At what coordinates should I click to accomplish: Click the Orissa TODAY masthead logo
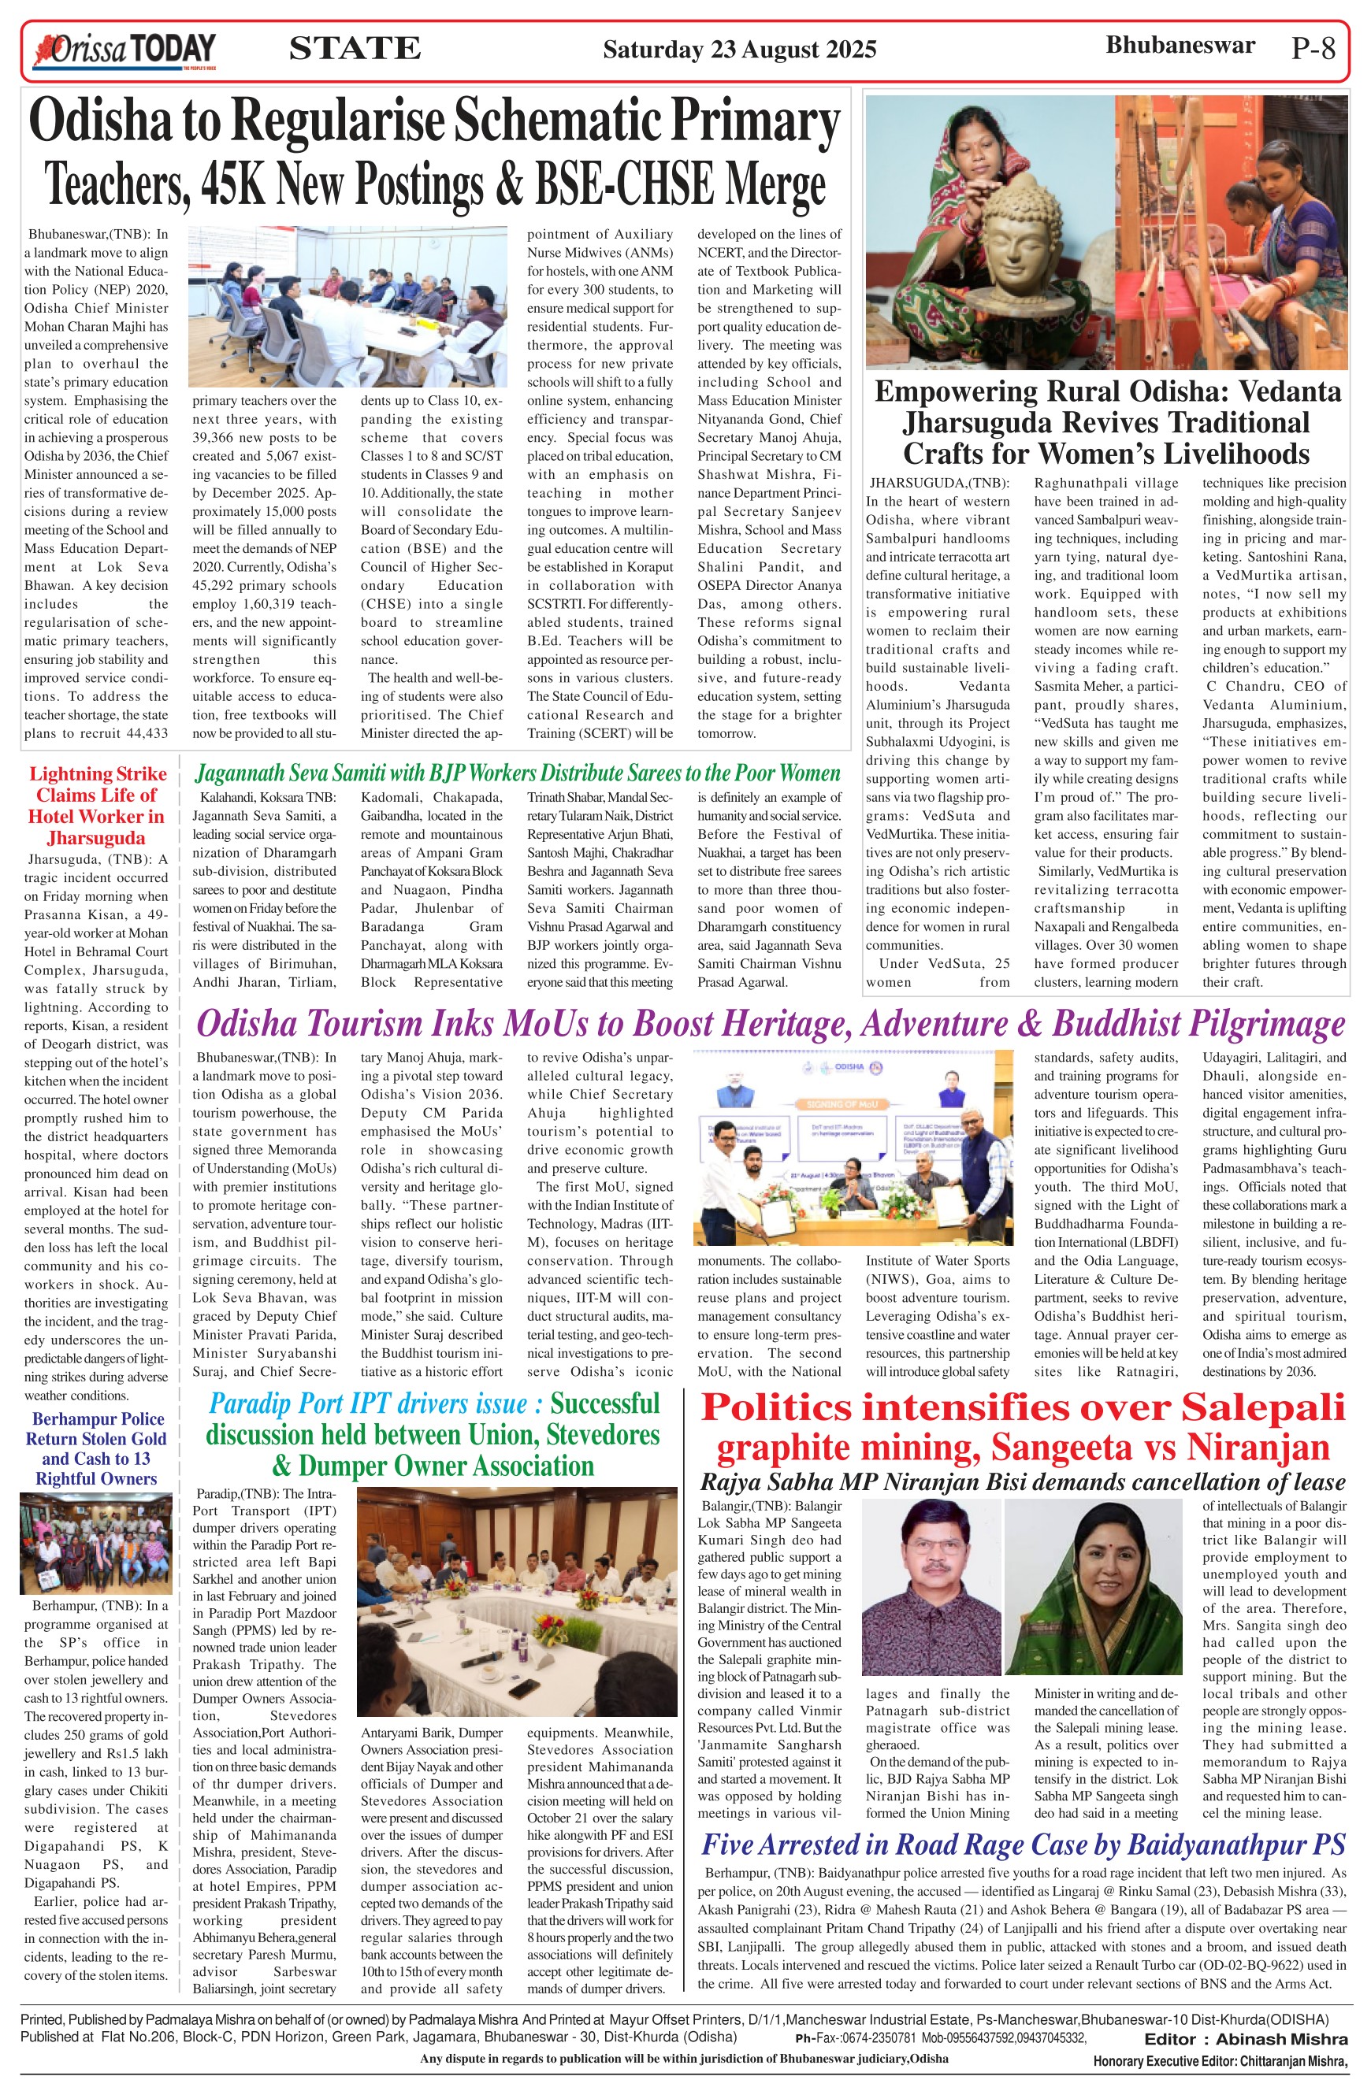tap(124, 50)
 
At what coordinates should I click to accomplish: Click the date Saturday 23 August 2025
tap(739, 49)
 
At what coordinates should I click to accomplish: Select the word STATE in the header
tap(355, 48)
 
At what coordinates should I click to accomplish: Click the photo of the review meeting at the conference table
tap(347, 306)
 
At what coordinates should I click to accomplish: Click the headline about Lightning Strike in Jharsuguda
tap(96, 805)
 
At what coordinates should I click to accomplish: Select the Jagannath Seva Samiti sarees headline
tap(517, 773)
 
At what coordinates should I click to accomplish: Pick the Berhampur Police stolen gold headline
tap(96, 1449)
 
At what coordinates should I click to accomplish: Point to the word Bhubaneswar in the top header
tap(1180, 46)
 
